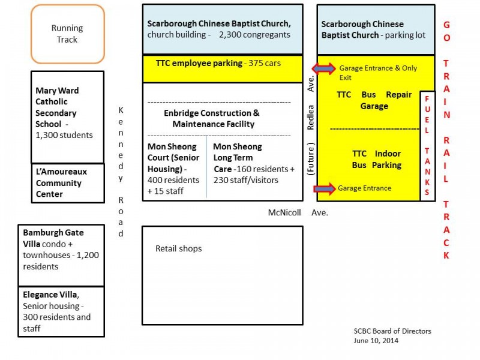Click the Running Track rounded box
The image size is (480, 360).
pyautogui.click(x=68, y=34)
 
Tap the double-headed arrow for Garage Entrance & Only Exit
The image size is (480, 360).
pyautogui.click(x=323, y=68)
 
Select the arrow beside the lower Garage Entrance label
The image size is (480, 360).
pyautogui.click(x=325, y=188)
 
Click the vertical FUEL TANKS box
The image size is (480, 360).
pyautogui.click(x=427, y=146)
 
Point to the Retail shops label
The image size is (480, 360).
pyautogui.click(x=178, y=248)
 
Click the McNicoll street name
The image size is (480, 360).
pyautogui.click(x=284, y=212)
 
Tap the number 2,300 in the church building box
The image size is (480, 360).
pyautogui.click(x=230, y=35)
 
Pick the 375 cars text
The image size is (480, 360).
pyautogui.click(x=265, y=63)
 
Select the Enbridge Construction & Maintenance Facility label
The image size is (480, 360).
pyautogui.click(x=212, y=118)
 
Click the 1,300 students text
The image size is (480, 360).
pyautogui.click(x=64, y=135)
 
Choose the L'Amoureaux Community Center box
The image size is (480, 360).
pyautogui.click(x=68, y=183)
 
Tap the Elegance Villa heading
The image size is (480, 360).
pyautogui.click(x=50, y=295)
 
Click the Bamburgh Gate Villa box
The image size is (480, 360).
pyautogui.click(x=61, y=256)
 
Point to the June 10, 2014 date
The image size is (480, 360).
pyautogui.click(x=376, y=340)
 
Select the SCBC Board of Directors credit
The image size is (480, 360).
pyautogui.click(x=392, y=331)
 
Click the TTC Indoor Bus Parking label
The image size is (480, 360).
pyautogui.click(x=377, y=159)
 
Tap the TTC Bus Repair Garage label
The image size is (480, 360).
pyautogui.click(x=374, y=100)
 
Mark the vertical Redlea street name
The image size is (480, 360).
pyautogui.click(x=310, y=117)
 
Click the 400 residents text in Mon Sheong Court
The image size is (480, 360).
pyautogui.click(x=173, y=180)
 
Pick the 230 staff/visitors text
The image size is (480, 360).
pyautogui.click(x=246, y=180)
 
